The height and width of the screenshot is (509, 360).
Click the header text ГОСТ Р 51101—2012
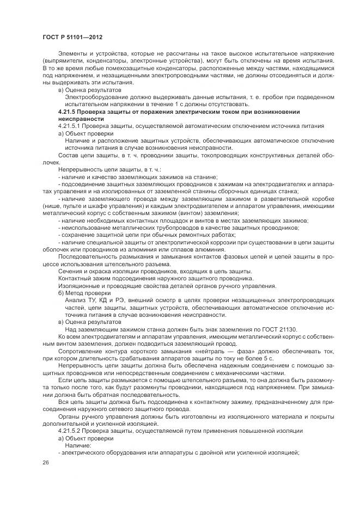(72, 36)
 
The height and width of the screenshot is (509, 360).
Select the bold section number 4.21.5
(70, 112)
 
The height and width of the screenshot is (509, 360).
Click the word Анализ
(74, 299)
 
